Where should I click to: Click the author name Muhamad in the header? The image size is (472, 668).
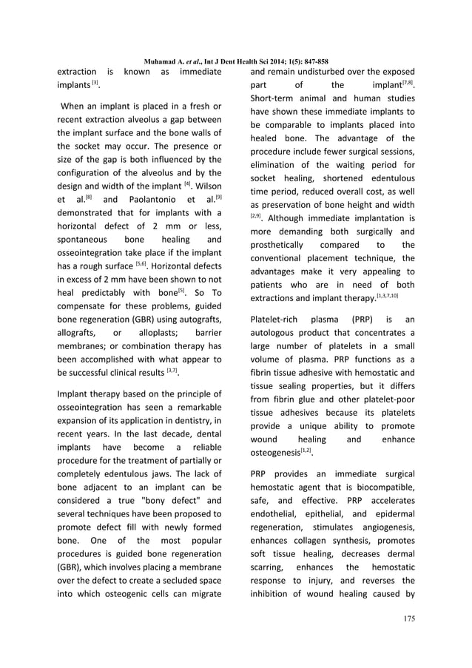pyautogui.click(x=163, y=61)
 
